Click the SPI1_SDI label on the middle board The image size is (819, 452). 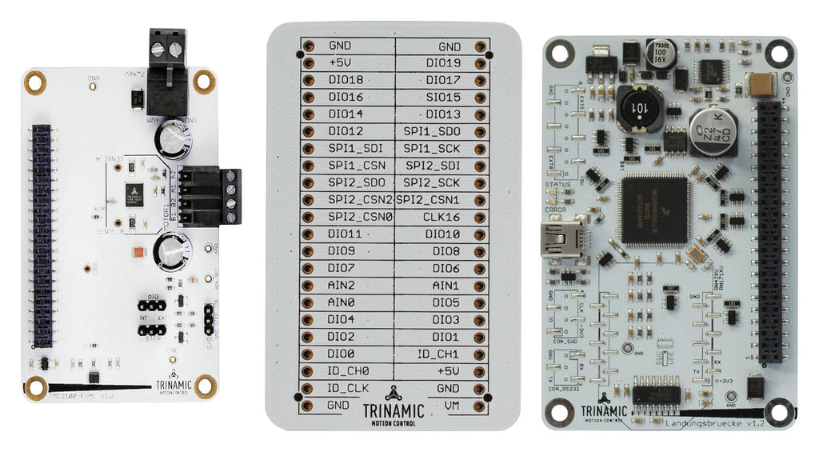pyautogui.click(x=346, y=149)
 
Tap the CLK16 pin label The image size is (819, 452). pyautogui.click(x=442, y=217)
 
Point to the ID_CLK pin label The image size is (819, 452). pyautogui.click(x=346, y=388)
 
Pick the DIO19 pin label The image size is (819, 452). pyautogui.click(x=442, y=63)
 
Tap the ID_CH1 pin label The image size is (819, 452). pyautogui.click(x=438, y=354)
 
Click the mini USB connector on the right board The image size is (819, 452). pyautogui.click(x=561, y=238)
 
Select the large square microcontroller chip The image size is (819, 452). pyautogui.click(x=653, y=210)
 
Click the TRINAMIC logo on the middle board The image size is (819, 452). pyautogui.click(x=394, y=404)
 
